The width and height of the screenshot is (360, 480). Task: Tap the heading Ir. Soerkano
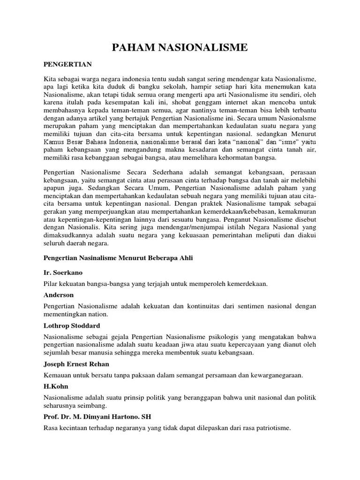tap(64, 272)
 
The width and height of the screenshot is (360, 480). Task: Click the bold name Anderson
tap(59, 295)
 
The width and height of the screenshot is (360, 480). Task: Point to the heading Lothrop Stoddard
tap(72, 325)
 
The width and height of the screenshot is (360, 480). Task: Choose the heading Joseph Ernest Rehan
tap(79, 364)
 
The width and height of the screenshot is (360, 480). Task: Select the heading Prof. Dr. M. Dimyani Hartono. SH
tap(97, 417)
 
